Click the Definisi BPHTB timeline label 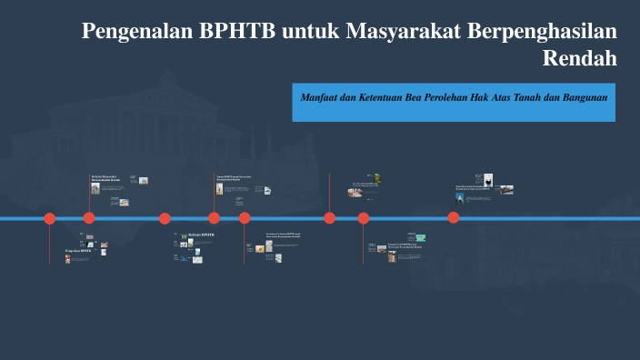tap(201, 235)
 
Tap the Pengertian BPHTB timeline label tap(78, 250)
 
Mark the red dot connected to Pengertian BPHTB tap(50, 218)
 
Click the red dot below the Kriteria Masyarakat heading tap(89, 218)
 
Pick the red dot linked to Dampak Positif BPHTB tap(364, 218)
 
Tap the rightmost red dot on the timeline tap(454, 217)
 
